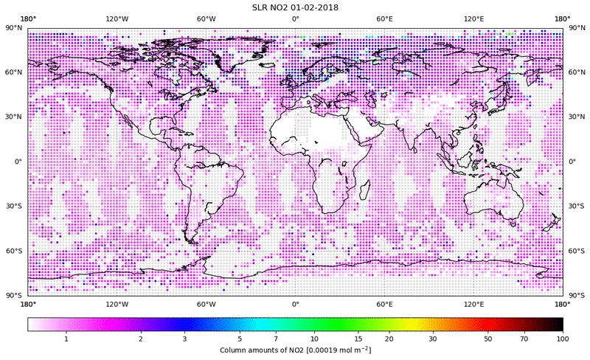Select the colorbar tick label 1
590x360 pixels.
click(x=66, y=339)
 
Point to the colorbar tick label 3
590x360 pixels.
click(x=185, y=339)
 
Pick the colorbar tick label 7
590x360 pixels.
click(x=275, y=339)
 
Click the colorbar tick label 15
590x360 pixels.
click(x=356, y=339)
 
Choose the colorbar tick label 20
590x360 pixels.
click(x=388, y=339)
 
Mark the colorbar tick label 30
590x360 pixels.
click(x=433, y=339)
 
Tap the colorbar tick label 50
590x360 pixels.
click(x=488, y=339)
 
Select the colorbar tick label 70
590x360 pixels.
click(x=524, y=339)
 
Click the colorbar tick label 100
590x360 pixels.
click(x=563, y=339)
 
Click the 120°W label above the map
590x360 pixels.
click(x=117, y=18)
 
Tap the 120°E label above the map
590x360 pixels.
click(x=473, y=18)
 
